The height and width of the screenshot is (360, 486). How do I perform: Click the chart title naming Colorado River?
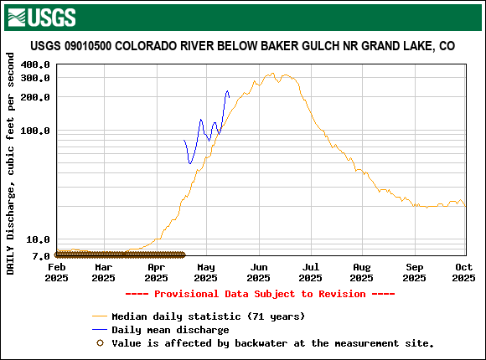[x=243, y=46]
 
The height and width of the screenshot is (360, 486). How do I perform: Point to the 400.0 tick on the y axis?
[x=36, y=64]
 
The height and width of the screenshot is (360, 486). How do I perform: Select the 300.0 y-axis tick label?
[x=36, y=78]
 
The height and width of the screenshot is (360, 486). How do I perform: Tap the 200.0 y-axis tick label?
[x=36, y=97]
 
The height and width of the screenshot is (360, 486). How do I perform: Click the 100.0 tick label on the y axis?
[x=36, y=131]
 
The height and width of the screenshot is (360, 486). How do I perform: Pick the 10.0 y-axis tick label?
[x=39, y=240]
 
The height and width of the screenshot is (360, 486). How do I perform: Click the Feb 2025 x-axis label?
[x=56, y=272]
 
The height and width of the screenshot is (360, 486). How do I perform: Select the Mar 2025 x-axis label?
[x=103, y=272]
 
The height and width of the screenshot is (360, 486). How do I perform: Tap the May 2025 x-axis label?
[x=206, y=272]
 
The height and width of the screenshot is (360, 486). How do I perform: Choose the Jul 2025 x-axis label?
[x=310, y=272]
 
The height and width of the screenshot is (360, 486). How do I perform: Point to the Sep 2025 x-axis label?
[x=414, y=272]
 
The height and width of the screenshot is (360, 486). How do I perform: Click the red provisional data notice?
[x=242, y=294]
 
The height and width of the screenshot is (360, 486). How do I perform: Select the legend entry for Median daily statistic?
[x=208, y=316]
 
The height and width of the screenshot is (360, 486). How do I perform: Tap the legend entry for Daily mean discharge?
[x=170, y=330]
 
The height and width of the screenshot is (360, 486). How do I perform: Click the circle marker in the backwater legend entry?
[x=101, y=342]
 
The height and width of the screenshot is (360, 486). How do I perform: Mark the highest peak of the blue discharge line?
[x=227, y=91]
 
